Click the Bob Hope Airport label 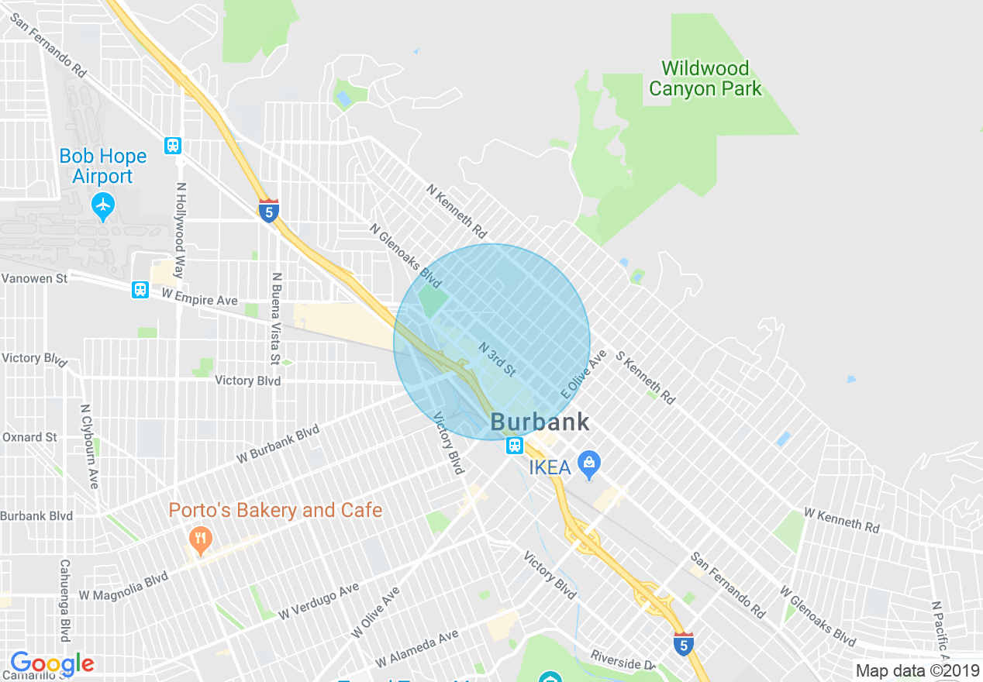click(x=103, y=166)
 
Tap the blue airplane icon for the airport click(x=103, y=207)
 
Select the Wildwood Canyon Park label click(x=705, y=78)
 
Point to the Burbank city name click(x=540, y=422)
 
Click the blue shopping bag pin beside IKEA click(x=590, y=465)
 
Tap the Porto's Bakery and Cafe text click(x=276, y=510)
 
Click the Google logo click(x=52, y=663)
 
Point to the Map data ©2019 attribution click(x=917, y=670)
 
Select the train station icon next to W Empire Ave click(x=140, y=290)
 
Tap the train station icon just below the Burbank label click(x=515, y=446)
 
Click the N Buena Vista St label click(x=275, y=319)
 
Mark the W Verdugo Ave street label click(x=319, y=601)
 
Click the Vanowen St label click(x=34, y=277)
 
